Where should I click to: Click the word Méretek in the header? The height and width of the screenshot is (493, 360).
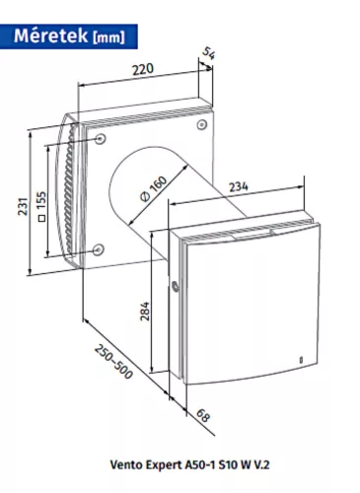point(50,35)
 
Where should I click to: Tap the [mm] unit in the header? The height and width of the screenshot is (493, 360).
point(109,37)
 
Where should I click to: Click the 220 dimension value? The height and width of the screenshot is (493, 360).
point(143,69)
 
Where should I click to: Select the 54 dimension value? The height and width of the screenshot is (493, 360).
point(208,53)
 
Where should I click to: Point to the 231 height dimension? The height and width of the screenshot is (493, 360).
point(23,206)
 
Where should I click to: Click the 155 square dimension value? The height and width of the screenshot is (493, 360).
point(41,200)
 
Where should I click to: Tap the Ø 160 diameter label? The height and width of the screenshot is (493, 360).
point(153,188)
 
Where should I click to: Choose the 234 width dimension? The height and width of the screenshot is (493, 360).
point(239,186)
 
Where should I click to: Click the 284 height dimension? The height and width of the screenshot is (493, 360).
point(145,311)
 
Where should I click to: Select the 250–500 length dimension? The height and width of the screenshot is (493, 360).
point(113,361)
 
